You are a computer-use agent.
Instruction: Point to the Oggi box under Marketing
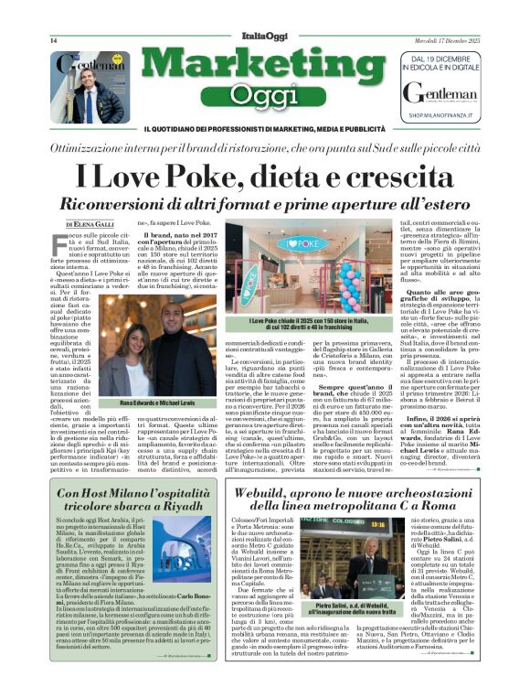(x=264, y=92)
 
